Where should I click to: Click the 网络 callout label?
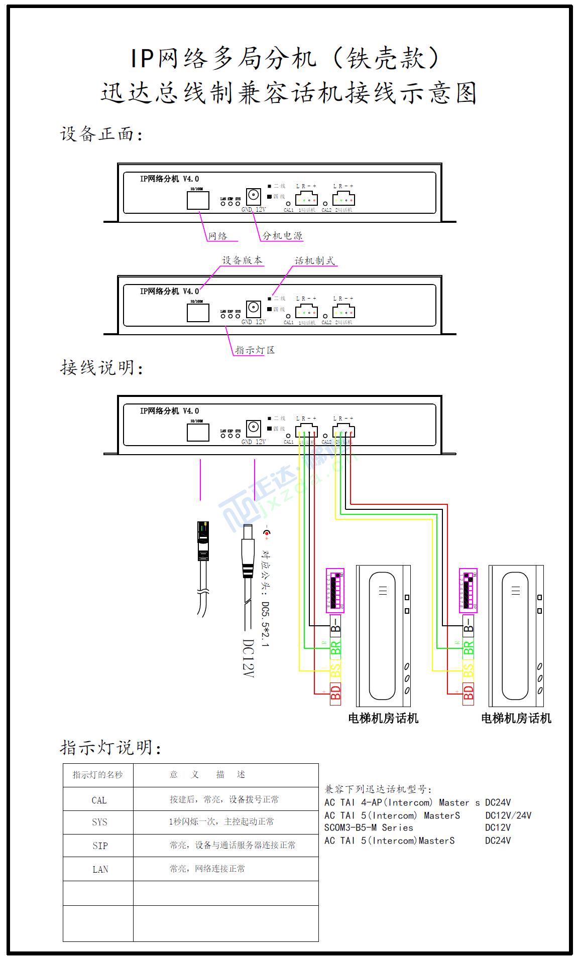coord(217,236)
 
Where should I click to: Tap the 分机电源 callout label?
coord(282,236)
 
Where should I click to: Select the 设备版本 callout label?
coord(242,260)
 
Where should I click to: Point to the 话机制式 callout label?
coord(314,261)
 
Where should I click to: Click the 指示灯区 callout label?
coord(255,350)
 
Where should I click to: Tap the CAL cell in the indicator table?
coord(99,800)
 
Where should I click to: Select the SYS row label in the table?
coord(99,822)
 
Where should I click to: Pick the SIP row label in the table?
coord(100,846)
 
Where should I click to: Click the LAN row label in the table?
coord(100,869)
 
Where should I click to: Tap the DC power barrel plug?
coord(248,552)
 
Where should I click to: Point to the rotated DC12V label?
coord(248,658)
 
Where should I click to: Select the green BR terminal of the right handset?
coord(468,648)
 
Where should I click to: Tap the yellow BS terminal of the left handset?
coord(335,670)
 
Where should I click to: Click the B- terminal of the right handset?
coord(468,625)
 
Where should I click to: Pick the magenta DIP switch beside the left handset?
coord(335,590)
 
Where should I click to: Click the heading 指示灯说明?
coord(110,748)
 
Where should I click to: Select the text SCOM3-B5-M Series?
coord(369,828)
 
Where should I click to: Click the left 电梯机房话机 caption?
coord(383,719)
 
